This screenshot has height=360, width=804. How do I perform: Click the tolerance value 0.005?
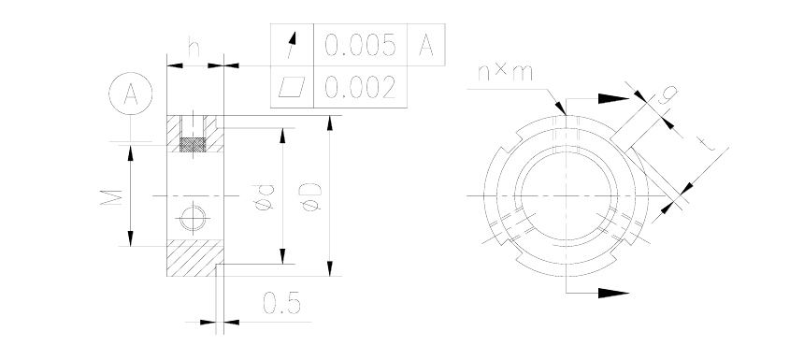click(x=361, y=45)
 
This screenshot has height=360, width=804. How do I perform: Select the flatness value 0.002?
click(x=361, y=87)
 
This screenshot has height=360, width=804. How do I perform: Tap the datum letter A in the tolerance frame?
click(x=426, y=45)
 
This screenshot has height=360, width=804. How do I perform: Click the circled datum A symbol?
click(x=131, y=94)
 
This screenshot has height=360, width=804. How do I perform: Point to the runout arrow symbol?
click(x=292, y=45)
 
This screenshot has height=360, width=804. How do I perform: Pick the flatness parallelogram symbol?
click(x=292, y=87)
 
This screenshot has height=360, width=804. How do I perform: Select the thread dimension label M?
click(x=111, y=197)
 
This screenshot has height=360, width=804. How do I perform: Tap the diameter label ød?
click(x=266, y=197)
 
